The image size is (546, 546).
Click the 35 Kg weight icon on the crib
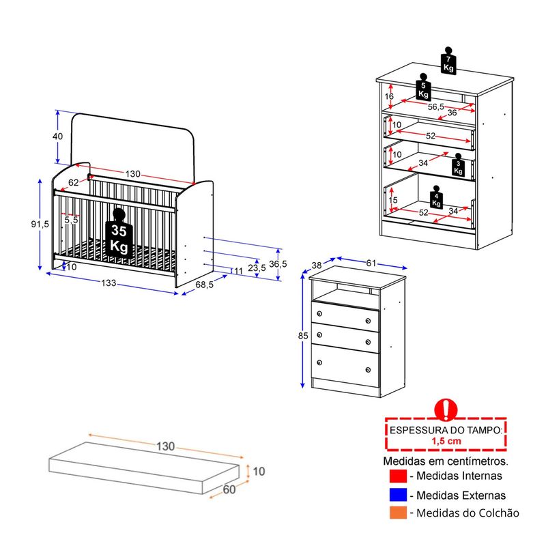coord(119,233)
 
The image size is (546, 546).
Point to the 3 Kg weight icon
coord(458,165)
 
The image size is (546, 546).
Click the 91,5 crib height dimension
coord(40,224)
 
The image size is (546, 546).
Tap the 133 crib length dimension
coord(109,283)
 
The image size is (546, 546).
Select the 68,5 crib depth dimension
coord(204,285)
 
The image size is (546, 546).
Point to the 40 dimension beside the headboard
coord(57,136)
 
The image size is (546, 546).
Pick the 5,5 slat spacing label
coord(71,220)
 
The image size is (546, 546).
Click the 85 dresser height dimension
coord(303,336)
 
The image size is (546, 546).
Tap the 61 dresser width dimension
coord(371,263)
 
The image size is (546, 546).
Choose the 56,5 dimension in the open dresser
coord(435,106)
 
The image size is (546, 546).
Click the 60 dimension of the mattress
coord(229,489)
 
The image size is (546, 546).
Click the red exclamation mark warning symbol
coord(446,410)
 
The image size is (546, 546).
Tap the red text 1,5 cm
coord(446,441)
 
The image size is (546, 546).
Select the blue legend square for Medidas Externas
coord(398,494)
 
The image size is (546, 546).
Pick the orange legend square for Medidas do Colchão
coord(398,513)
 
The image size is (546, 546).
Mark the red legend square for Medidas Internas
coord(398,476)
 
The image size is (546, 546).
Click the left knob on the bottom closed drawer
coord(319,362)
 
